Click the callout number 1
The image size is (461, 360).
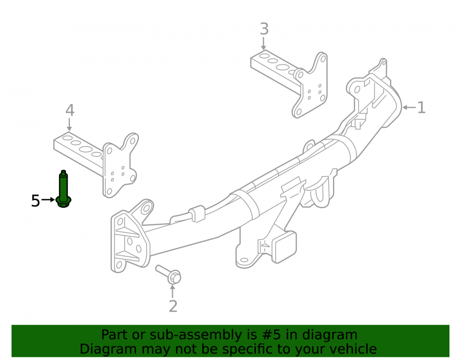click(421, 107)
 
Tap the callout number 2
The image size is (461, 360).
click(173, 306)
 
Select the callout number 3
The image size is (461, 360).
click(264, 29)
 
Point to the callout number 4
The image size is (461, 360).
click(70, 111)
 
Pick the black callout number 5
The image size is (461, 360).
click(35, 201)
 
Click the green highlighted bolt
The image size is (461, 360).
click(63, 189)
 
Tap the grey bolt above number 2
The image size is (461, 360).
click(168, 274)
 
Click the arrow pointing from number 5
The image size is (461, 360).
click(48, 200)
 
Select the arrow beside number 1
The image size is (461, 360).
click(409, 107)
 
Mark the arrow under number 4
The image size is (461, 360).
click(69, 124)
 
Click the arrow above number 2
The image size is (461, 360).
click(172, 291)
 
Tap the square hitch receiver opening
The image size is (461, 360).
click(284, 247)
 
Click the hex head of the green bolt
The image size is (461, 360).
click(63, 201)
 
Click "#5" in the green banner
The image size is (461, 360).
click(272, 335)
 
